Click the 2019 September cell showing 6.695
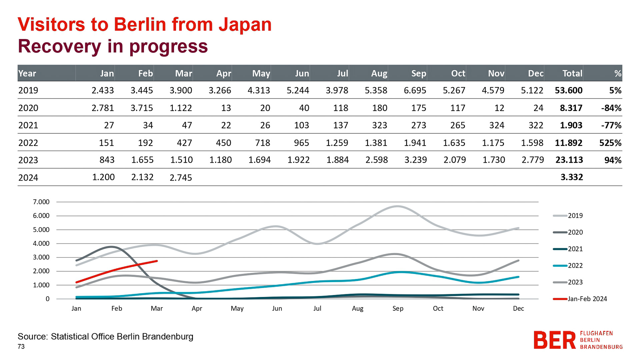pyautogui.click(x=415, y=90)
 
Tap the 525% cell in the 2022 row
pyautogui.click(x=610, y=143)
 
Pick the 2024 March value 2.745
pyautogui.click(x=181, y=178)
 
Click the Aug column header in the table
pyautogui.click(x=379, y=73)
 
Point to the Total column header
pyautogui.click(x=572, y=73)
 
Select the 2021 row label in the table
pyautogui.click(x=28, y=125)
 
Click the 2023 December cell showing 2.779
pyautogui.click(x=533, y=160)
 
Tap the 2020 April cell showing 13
pyautogui.click(x=226, y=108)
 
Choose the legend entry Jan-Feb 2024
pyautogui.click(x=587, y=299)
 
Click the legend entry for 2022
pyautogui.click(x=575, y=266)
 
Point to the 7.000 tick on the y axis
pyautogui.click(x=41, y=202)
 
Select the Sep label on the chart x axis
pyautogui.click(x=398, y=309)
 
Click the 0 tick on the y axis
pyautogui.click(x=47, y=299)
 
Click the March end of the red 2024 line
pyautogui.click(x=157, y=261)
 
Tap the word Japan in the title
pyautogui.click(x=245, y=24)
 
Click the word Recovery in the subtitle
pyautogui.click(x=59, y=46)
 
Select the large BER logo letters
pyautogui.click(x=554, y=340)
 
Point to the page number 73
pyautogui.click(x=21, y=347)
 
